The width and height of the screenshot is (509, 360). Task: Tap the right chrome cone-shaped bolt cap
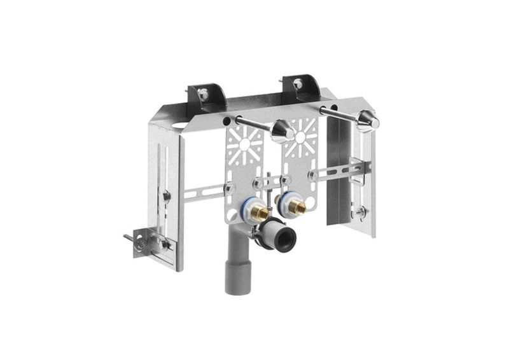point(368,121)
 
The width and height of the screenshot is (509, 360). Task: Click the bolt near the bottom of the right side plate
point(361,212)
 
